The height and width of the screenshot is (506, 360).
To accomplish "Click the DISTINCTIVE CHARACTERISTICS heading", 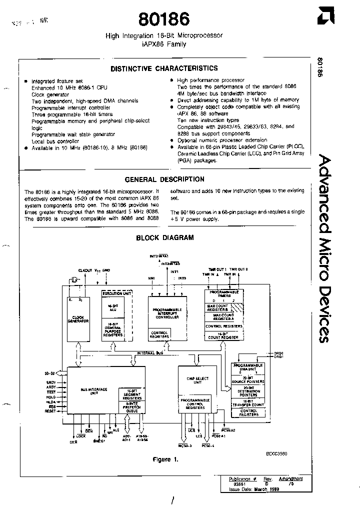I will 164,68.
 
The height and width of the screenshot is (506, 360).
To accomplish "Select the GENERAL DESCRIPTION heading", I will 164,179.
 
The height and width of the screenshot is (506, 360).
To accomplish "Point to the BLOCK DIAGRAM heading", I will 165,238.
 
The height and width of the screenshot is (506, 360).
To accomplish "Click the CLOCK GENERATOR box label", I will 77,319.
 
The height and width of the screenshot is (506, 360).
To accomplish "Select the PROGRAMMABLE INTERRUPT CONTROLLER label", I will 167,313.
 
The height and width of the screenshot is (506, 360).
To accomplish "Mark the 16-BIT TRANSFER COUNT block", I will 248,403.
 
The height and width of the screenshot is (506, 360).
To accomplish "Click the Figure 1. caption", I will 165,459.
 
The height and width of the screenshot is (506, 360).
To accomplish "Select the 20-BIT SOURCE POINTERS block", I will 248,381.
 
